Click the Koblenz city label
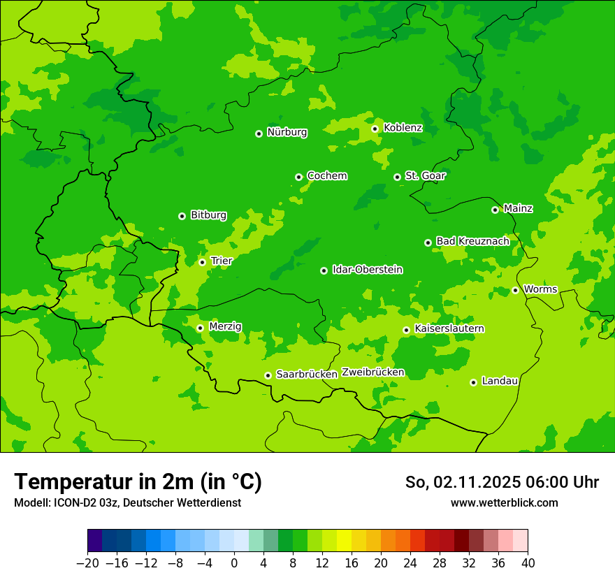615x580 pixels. (x=403, y=128)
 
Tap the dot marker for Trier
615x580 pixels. (x=202, y=262)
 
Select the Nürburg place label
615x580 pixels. (x=287, y=132)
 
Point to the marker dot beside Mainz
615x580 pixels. (x=495, y=210)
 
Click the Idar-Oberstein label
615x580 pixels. (x=367, y=270)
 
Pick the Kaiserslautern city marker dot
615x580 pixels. (x=406, y=330)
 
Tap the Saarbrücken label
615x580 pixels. (x=307, y=375)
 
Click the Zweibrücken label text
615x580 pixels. (x=372, y=372)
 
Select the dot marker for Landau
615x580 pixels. (x=473, y=382)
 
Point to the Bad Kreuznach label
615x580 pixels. (x=472, y=241)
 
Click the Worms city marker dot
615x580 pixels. (x=515, y=290)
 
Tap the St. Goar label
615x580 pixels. (x=425, y=176)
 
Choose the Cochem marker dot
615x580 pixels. (x=298, y=177)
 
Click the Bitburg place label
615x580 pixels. (x=208, y=215)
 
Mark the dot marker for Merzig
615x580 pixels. (x=200, y=328)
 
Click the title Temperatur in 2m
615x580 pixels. (x=138, y=482)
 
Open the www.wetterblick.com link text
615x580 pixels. (x=504, y=502)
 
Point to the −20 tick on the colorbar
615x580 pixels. (x=87, y=563)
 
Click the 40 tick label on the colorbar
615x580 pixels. (x=528, y=563)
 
